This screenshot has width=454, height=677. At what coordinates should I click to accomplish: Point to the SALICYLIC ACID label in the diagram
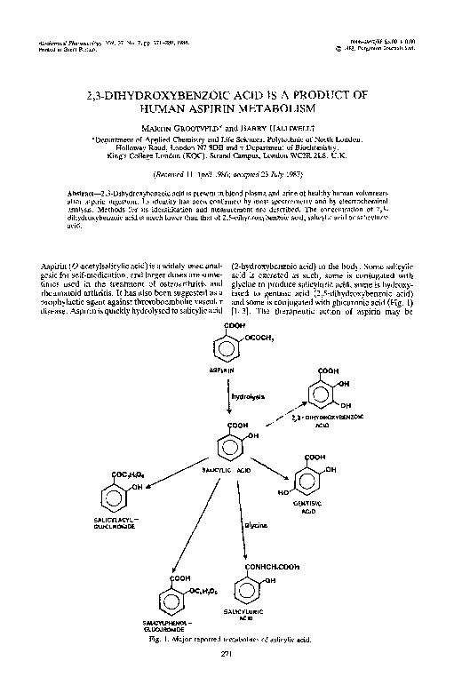point(228,469)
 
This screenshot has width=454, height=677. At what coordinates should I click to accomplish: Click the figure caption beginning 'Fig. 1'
point(227,640)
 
